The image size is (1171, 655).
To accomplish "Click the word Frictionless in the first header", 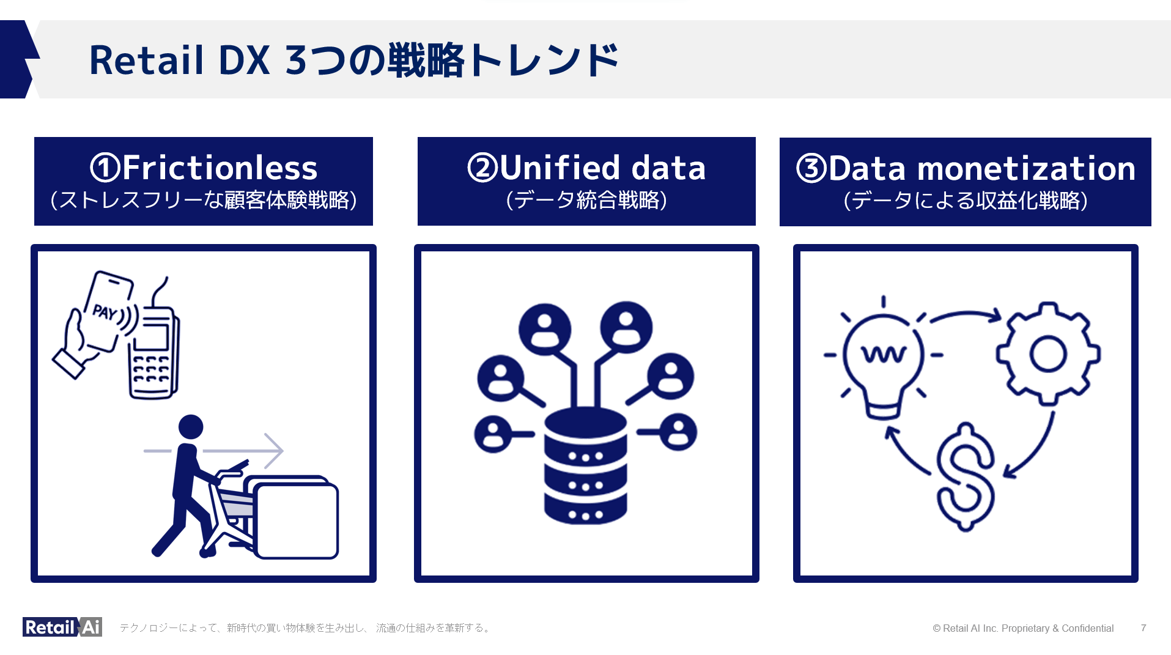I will click(220, 168).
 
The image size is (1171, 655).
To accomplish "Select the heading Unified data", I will click(602, 168).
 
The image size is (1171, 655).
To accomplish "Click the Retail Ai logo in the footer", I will click(62, 627).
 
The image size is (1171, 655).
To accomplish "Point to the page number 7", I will click(1143, 628).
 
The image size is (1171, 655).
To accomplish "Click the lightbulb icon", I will click(883, 361).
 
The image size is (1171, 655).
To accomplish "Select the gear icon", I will click(1048, 354).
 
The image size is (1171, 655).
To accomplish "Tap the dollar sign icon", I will click(966, 477).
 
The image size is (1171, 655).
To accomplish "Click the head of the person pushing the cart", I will click(191, 426).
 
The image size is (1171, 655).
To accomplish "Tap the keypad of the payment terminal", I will click(150, 369).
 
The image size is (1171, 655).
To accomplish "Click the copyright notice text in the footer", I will click(1023, 628).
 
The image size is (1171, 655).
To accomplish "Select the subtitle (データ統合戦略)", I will click(586, 201).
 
